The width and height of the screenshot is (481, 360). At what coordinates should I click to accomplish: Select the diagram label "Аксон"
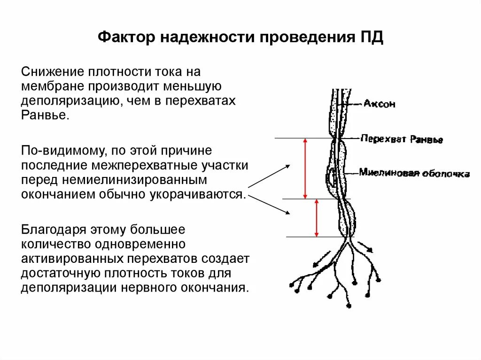point(379,103)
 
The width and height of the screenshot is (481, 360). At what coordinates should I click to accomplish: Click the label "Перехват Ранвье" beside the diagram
point(402,139)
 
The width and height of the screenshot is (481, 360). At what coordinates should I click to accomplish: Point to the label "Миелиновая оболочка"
point(414,173)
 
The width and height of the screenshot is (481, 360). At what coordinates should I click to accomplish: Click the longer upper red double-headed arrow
point(305,168)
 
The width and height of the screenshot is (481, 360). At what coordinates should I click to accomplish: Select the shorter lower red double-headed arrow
point(317,218)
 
